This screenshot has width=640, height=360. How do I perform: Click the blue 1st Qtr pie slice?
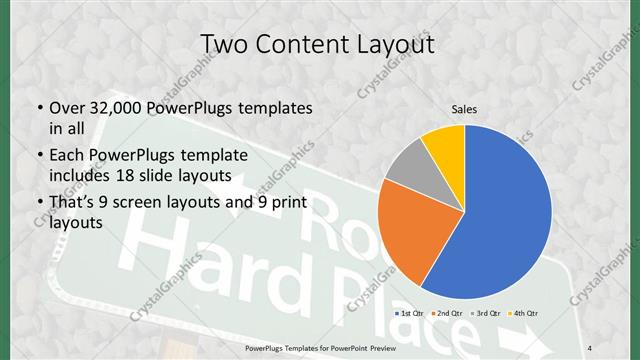[x=500, y=220]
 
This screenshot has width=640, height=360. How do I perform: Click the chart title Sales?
[x=464, y=108]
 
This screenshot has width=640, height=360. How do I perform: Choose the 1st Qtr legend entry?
[x=410, y=313]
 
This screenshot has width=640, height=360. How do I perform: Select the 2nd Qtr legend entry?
[x=449, y=313]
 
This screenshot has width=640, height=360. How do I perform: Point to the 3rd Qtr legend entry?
[x=488, y=313]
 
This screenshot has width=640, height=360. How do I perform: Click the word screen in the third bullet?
[x=140, y=203]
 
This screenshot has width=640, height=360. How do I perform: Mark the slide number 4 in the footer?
[x=590, y=347]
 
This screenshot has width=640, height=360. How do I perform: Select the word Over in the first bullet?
[x=68, y=108]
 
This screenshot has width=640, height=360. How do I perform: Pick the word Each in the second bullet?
[x=67, y=156]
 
